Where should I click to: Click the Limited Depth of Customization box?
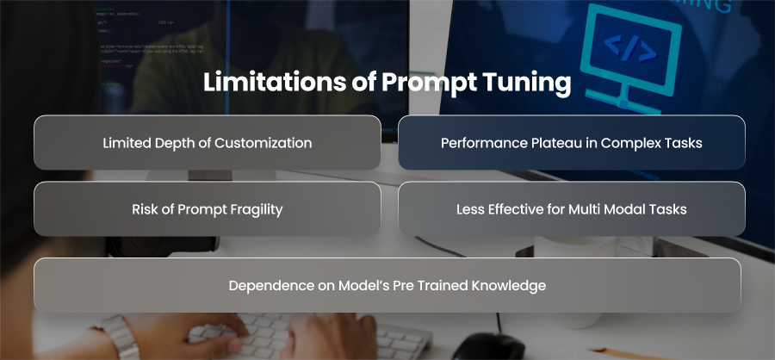click(x=207, y=142)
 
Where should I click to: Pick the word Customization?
click(x=263, y=143)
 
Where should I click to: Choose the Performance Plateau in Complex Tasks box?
click(x=572, y=142)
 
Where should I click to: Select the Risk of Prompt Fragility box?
click(x=207, y=208)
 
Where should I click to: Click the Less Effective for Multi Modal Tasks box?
click(x=572, y=208)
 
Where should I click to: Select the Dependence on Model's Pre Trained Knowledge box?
click(x=387, y=285)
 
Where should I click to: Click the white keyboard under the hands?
click(x=307, y=335)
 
